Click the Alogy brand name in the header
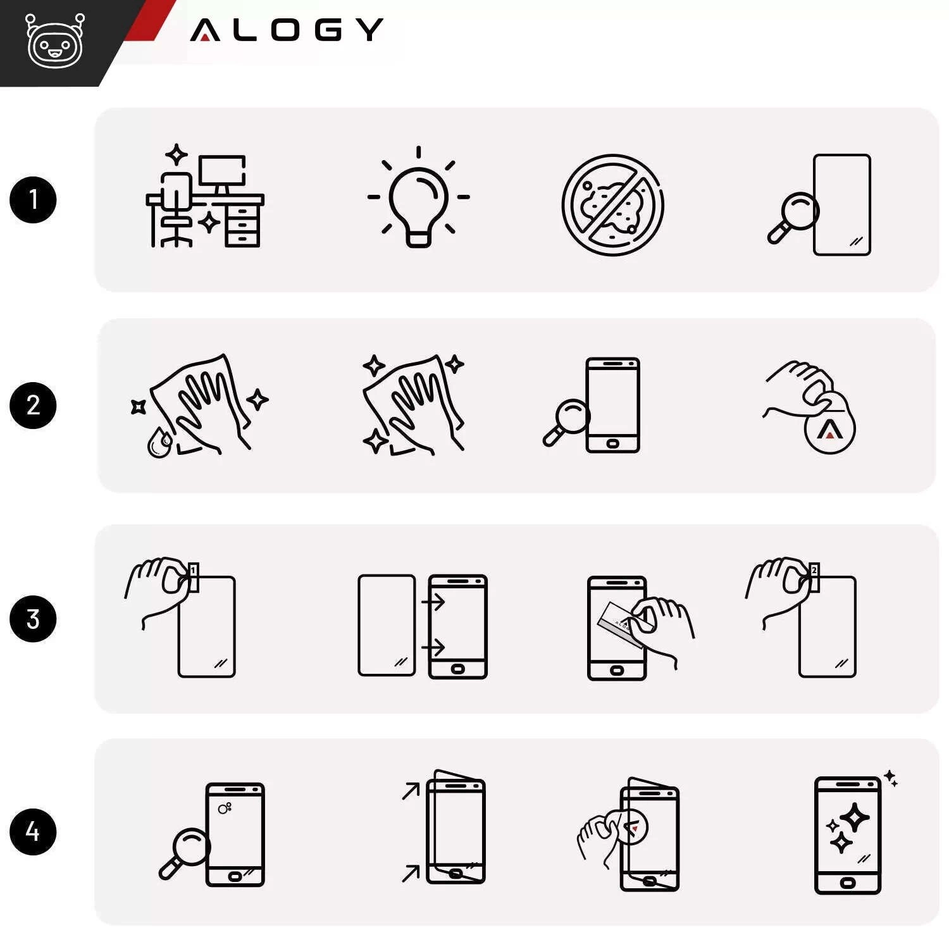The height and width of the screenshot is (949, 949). tap(287, 30)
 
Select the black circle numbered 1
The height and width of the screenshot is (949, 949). tap(33, 200)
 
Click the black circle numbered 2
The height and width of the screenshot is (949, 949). tap(33, 406)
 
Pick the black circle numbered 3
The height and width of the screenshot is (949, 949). tap(33, 619)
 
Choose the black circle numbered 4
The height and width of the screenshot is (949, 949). tap(33, 831)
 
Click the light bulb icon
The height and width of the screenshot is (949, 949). tap(418, 197)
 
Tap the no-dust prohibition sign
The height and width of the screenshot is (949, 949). tap(612, 205)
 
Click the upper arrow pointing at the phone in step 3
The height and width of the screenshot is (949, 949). tap(434, 600)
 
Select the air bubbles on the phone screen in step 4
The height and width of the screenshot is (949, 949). tap(225, 808)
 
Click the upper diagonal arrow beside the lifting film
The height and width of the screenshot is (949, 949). tap(411, 791)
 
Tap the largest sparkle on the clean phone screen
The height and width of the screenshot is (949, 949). tap(855, 818)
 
